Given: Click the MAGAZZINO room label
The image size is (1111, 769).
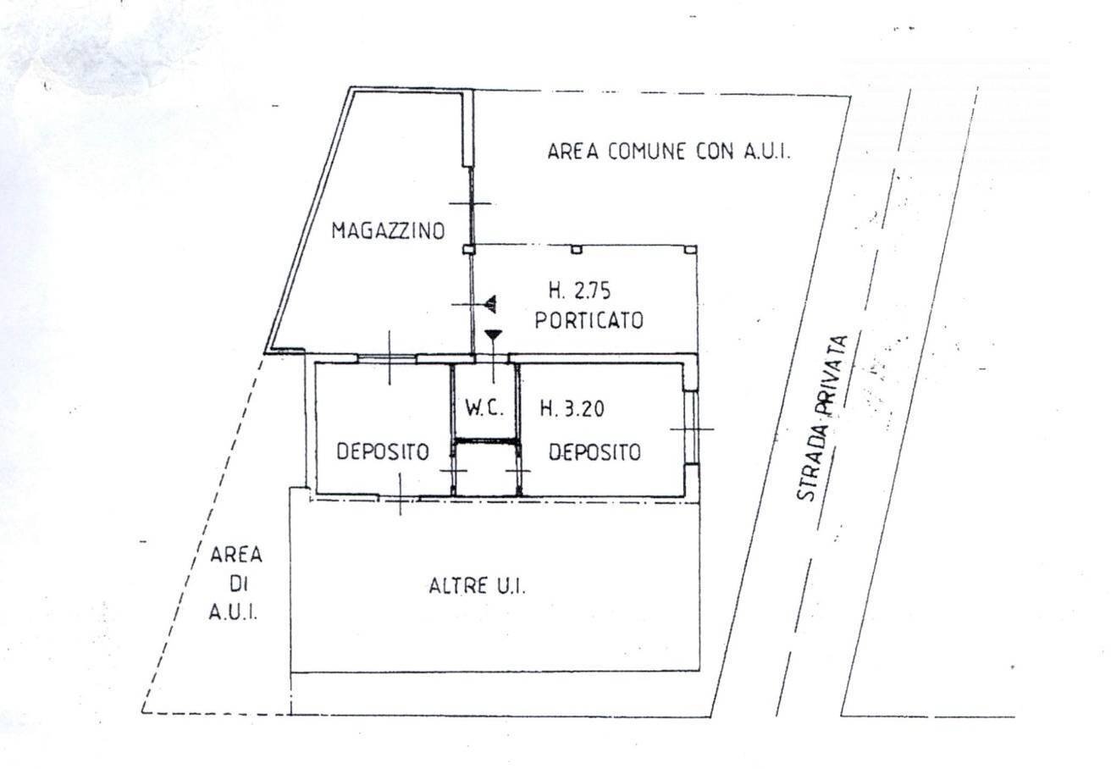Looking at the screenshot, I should click(388, 230).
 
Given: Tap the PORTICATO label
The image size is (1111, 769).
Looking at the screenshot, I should click(589, 321).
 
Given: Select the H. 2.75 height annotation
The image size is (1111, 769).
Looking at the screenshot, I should click(579, 291).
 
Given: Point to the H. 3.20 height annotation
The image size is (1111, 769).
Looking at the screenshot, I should click(571, 408).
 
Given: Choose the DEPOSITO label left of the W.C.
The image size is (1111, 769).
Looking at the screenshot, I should click(382, 452).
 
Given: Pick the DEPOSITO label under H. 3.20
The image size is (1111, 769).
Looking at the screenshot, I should click(594, 452).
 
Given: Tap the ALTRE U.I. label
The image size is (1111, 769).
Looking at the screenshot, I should click(478, 586).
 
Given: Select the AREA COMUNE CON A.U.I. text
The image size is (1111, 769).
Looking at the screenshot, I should click(669, 152).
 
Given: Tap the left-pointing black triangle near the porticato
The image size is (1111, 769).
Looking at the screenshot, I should click(489, 302).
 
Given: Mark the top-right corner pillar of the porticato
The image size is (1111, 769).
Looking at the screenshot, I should click(691, 250).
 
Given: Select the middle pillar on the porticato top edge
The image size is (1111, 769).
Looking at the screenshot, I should click(576, 249).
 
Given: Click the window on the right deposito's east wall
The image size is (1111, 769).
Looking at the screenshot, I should click(691, 428).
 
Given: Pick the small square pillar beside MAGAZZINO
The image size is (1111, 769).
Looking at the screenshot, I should click(467, 250).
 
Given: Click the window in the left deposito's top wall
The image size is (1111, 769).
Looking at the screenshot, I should click(387, 358).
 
